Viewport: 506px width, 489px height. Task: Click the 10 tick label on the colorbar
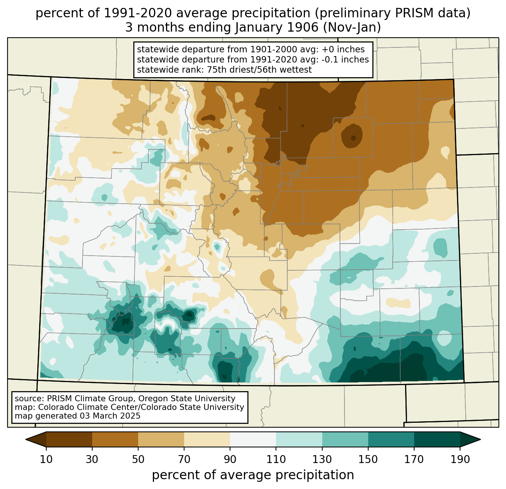46,459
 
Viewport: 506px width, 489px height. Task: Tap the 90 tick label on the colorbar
230,459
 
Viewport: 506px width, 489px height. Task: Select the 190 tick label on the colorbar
460,459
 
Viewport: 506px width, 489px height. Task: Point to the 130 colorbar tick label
322,459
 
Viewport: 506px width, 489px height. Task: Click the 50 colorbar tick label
138,459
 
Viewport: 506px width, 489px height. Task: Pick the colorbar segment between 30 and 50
115,439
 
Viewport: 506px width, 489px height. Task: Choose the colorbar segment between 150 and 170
391,439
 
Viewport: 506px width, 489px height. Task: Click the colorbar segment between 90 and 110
253,439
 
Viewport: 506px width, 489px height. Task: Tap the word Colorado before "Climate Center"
55,407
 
